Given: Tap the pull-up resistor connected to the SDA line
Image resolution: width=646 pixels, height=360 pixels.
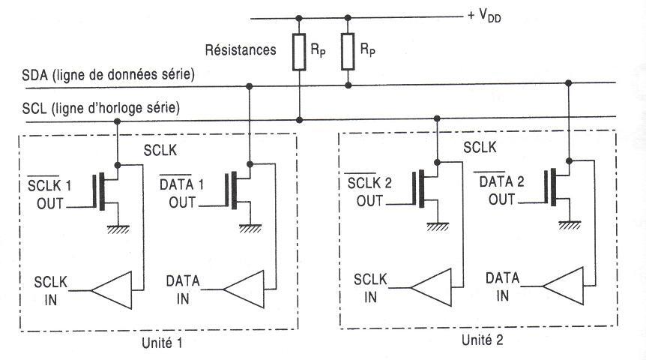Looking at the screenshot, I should coord(347,51).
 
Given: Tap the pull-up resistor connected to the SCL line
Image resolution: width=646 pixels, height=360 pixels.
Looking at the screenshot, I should coord(300,51).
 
